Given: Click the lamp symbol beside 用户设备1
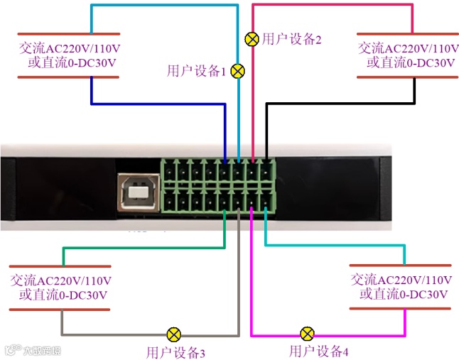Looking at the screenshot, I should coord(239,71).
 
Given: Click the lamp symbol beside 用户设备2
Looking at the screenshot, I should coord(252,39).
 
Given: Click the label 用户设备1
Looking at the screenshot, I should coord(196,71).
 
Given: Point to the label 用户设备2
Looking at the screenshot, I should coord(292,39).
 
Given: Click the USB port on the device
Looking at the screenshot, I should coord(136,191).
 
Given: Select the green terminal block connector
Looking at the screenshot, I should coord(218,185).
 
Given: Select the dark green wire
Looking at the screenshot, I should coord(142,248).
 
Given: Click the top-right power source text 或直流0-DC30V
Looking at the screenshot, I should coord(410,62).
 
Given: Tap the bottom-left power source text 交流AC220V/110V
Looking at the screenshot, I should coord(60,280).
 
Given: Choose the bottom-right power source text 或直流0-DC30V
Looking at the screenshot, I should coord(403,294).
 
